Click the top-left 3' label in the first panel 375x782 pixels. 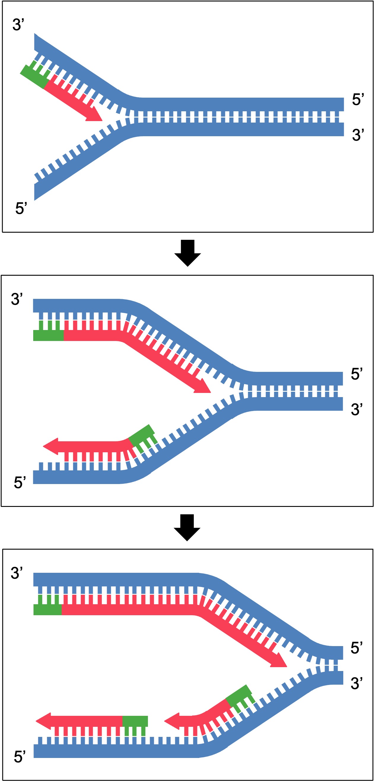click(18, 25)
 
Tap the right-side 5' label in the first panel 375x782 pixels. click(358, 100)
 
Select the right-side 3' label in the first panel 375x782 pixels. click(358, 135)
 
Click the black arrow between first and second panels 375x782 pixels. click(187, 253)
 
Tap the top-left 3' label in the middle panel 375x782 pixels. click(17, 299)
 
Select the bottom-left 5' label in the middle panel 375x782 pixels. click(20, 482)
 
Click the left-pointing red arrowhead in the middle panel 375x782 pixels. click(51, 446)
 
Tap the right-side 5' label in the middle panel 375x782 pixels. click(357, 374)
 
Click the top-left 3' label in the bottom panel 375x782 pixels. click(17, 573)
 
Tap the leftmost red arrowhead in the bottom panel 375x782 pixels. click(44, 721)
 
